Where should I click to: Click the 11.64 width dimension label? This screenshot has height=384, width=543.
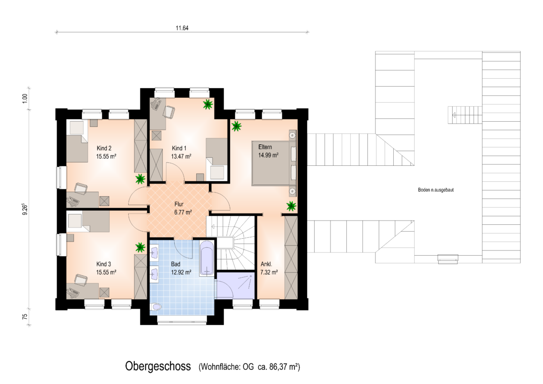[182, 28]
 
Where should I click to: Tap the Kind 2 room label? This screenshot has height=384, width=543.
[104, 148]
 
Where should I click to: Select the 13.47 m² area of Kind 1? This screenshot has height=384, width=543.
[181, 156]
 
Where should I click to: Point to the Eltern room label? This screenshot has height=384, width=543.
[265, 147]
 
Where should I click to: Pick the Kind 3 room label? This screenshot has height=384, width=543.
[104, 264]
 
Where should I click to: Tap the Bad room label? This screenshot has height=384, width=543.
[176, 264]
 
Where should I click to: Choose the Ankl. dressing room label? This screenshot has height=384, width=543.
[266, 264]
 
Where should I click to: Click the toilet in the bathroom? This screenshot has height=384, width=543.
[156, 307]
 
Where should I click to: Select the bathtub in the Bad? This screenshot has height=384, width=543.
[206, 258]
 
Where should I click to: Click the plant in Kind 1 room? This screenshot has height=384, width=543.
[207, 104]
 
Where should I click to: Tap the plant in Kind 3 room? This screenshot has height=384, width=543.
[140, 247]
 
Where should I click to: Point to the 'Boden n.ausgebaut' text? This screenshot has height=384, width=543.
[436, 190]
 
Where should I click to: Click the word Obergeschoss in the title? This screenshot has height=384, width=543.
[158, 366]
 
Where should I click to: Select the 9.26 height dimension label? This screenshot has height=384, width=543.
[25, 209]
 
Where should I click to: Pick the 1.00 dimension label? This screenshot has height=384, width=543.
[25, 98]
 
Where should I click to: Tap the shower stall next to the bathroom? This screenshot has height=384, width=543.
[235, 286]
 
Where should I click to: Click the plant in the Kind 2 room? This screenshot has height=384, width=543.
[140, 179]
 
